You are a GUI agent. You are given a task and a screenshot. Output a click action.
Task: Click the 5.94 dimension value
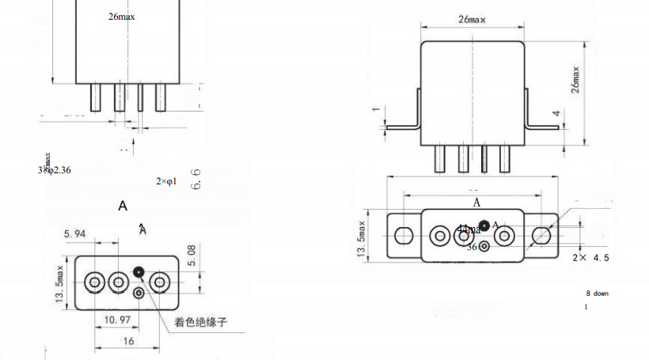[x=74, y=234]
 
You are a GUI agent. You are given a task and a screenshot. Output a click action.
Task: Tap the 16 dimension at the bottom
[x=127, y=340]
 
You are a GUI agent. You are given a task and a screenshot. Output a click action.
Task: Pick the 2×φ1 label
[x=166, y=182]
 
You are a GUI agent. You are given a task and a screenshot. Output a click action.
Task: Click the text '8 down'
[x=597, y=294]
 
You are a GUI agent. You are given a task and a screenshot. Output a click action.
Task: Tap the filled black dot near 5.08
[x=139, y=273]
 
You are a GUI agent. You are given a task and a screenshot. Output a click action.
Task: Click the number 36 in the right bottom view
[x=472, y=247]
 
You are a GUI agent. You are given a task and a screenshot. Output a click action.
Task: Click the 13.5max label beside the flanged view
[x=362, y=236]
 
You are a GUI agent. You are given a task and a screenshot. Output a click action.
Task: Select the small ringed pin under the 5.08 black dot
[x=139, y=294]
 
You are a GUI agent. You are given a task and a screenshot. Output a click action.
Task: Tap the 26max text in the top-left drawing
[x=121, y=17]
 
